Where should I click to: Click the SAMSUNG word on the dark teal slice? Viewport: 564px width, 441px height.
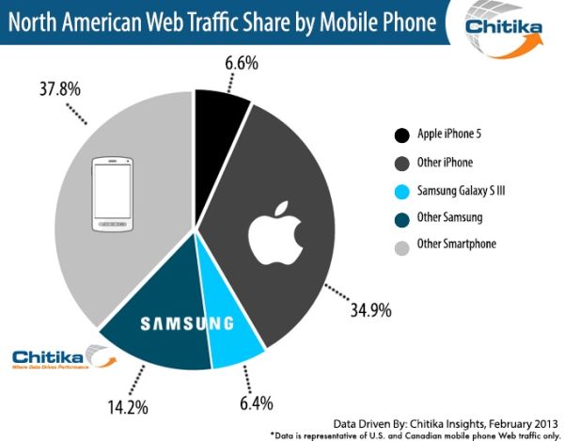[186, 324]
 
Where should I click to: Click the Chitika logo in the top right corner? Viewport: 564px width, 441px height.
[506, 31]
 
